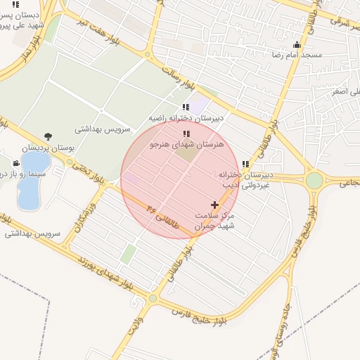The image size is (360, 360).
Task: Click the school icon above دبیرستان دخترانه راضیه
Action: point(186,107)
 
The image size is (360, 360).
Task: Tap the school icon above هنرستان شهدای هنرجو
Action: point(186,133)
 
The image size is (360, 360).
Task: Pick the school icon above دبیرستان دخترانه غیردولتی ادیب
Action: point(245,164)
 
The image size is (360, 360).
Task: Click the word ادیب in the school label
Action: point(241,185)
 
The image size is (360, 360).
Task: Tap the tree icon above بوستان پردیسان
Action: point(48,136)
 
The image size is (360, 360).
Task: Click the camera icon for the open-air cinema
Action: point(16,162)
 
